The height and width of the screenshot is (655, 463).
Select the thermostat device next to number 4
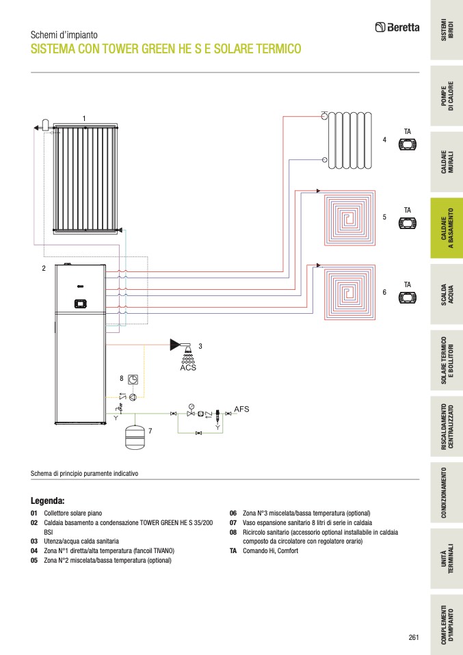tap(408, 144)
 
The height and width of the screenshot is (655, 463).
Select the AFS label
tap(242, 409)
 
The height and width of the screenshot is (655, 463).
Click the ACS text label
tap(188, 367)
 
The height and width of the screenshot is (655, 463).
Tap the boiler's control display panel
tap(81, 303)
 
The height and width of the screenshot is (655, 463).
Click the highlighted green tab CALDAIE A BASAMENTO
tap(446, 228)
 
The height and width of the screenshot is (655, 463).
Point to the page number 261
tap(413, 637)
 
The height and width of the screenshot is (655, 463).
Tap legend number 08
tap(233, 532)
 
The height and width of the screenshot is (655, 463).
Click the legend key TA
tap(233, 551)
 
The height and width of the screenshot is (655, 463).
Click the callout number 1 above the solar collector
tap(84, 119)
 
